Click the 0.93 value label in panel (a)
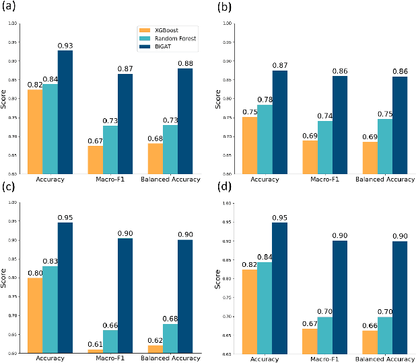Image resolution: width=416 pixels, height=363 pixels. coord(65,46)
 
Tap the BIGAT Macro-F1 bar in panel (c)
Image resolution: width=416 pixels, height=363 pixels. coord(126,295)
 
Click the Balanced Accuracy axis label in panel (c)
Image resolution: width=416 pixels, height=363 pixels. coord(170,358)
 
